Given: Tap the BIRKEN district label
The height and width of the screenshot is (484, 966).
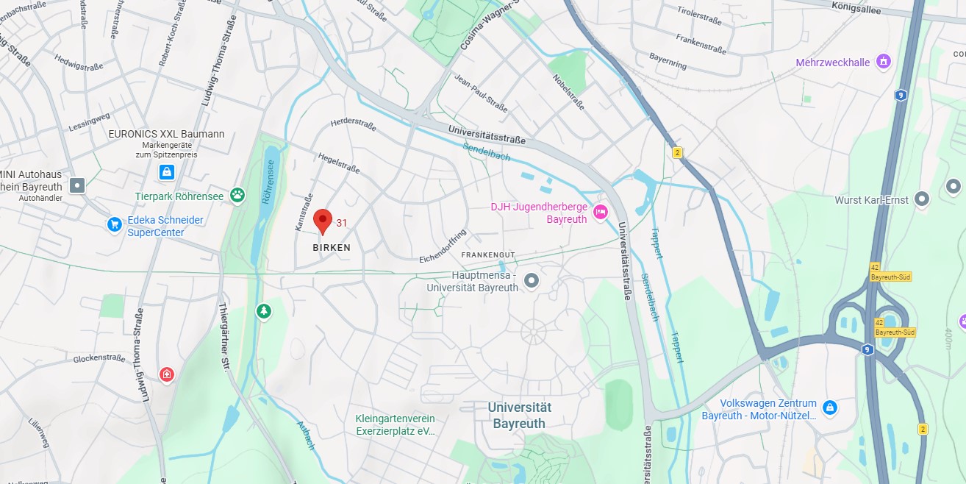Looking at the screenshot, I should [x=332, y=248].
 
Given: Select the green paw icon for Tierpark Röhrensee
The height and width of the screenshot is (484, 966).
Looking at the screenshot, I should [x=237, y=195].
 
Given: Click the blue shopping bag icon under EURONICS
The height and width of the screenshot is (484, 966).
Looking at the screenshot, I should [x=167, y=172].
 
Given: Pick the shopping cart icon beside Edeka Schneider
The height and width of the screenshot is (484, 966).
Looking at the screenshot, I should [x=114, y=224].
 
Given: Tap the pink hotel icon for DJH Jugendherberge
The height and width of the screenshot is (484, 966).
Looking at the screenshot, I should [x=600, y=212].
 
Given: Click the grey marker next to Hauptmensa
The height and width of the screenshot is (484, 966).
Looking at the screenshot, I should [x=532, y=280].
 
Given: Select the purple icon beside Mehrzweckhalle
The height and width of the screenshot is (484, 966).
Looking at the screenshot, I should [x=884, y=61].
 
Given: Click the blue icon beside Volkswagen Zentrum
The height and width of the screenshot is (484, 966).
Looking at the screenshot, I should [x=830, y=407].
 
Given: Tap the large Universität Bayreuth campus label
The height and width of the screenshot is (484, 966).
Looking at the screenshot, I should [x=519, y=415].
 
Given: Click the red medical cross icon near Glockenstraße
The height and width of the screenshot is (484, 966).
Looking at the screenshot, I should [x=167, y=375].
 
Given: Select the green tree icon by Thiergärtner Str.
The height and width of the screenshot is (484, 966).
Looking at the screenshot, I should [x=263, y=311].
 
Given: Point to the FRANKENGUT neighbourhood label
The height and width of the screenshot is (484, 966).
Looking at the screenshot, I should [x=488, y=255].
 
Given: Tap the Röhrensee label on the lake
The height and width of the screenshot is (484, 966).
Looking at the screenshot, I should [x=270, y=183].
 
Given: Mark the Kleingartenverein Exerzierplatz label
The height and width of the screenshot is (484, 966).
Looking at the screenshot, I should [x=395, y=424].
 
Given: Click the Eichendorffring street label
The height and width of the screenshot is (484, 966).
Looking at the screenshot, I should [x=443, y=248].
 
